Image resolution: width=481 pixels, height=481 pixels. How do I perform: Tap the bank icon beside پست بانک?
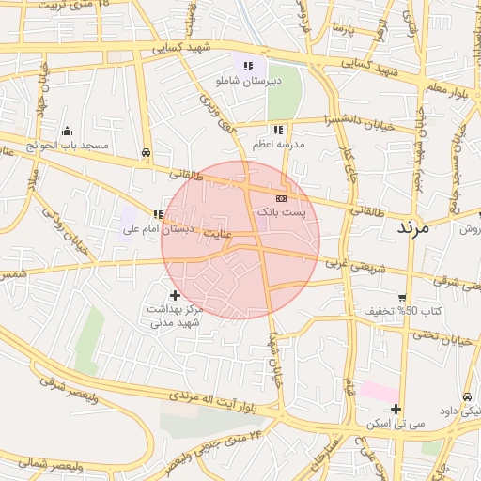[x=281, y=199]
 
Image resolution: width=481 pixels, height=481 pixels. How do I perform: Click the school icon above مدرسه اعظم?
[x=278, y=130]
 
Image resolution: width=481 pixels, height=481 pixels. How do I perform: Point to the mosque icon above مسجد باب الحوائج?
[x=67, y=132]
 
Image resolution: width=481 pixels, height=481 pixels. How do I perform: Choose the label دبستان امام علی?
[x=189, y=228]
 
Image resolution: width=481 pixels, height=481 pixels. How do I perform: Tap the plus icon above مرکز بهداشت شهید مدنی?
[x=176, y=295]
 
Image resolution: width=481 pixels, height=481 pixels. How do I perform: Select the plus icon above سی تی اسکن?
[x=396, y=409]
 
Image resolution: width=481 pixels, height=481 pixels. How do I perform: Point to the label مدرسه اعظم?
[x=278, y=145]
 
